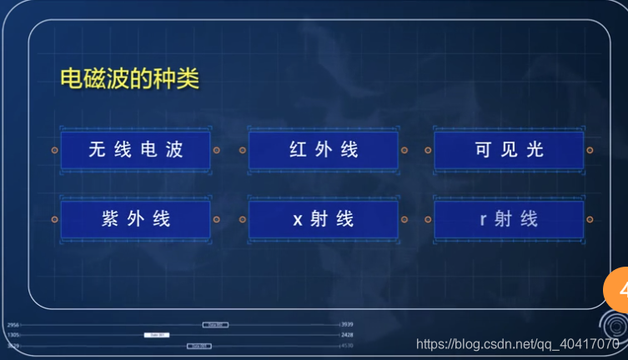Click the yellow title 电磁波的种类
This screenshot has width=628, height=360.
pyautogui.click(x=129, y=79)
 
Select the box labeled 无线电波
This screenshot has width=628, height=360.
pyautogui.click(x=135, y=150)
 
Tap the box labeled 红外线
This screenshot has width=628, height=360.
pyautogui.click(x=324, y=150)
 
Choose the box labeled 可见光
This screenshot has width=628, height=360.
pyautogui.click(x=509, y=150)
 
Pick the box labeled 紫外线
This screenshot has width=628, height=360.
pyautogui.click(x=135, y=219)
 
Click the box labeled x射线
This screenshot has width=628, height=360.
pyautogui.click(x=324, y=219)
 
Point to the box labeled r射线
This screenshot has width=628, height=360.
pyautogui.click(x=509, y=219)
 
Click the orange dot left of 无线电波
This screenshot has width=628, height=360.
pyautogui.click(x=54, y=151)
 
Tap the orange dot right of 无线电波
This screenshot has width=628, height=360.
pyautogui.click(x=216, y=151)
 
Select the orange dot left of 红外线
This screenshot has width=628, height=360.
pyautogui.click(x=243, y=151)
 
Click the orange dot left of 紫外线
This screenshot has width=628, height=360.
pyautogui.click(x=54, y=219)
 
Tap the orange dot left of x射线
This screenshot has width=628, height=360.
pyautogui.click(x=243, y=219)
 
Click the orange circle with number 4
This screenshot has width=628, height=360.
pyautogui.click(x=617, y=292)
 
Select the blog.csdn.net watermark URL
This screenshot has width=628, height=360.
pyautogui.click(x=517, y=344)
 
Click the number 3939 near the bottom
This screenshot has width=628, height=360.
pyautogui.click(x=348, y=324)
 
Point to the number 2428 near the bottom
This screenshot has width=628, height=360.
pyautogui.click(x=348, y=334)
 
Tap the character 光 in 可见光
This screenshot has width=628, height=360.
pyautogui.click(x=535, y=150)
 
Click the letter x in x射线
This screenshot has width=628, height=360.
pyautogui.click(x=298, y=220)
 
